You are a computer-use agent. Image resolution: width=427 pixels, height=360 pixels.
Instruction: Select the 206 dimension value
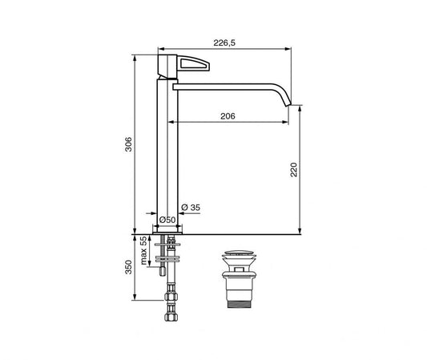tap(228, 115)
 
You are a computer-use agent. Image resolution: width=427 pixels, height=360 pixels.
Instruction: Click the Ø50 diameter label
tap(167, 219)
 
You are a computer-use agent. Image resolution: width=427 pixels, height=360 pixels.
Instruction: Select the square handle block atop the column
tap(167, 66)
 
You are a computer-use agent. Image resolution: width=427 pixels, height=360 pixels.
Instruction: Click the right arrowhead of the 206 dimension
tap(287, 122)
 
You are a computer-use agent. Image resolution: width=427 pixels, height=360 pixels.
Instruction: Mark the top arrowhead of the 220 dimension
tap(299, 107)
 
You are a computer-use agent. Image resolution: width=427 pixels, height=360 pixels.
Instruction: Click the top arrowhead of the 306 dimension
tap(134, 55)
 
